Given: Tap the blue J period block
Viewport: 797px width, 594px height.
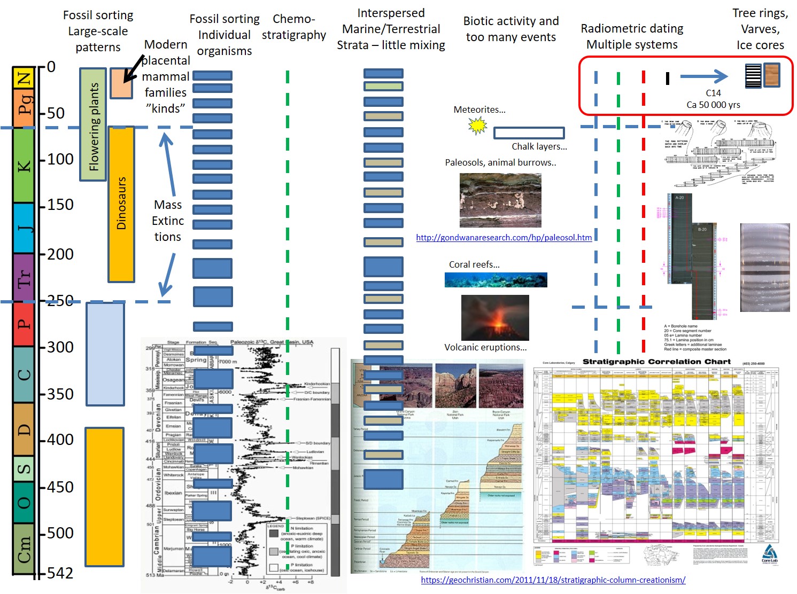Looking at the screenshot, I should pyautogui.click(x=24, y=228).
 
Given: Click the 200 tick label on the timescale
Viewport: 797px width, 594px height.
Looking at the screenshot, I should pyautogui.click(x=60, y=254).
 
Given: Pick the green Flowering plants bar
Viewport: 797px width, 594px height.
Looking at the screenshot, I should pyautogui.click(x=93, y=124).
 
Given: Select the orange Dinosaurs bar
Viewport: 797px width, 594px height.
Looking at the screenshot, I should pyautogui.click(x=121, y=204).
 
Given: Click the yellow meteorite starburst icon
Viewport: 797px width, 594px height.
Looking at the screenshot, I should pyautogui.click(x=477, y=126).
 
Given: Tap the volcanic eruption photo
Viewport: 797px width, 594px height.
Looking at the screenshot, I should pyautogui.click(x=495, y=317).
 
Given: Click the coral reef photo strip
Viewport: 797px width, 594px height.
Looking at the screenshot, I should pyautogui.click(x=496, y=280).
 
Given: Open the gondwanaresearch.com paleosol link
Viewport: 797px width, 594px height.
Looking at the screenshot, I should pyautogui.click(x=504, y=238).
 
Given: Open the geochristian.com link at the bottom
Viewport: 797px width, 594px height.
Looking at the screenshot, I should pyautogui.click(x=553, y=580).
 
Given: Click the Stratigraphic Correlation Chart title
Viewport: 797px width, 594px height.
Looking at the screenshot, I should pyautogui.click(x=656, y=362).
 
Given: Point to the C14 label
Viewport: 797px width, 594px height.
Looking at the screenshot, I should pyautogui.click(x=713, y=93).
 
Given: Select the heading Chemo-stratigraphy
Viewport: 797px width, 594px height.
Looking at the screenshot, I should pyautogui.click(x=293, y=27).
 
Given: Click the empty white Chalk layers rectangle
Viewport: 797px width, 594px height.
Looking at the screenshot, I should pyautogui.click(x=529, y=133).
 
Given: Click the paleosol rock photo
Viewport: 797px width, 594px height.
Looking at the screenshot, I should pyautogui.click(x=500, y=200).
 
